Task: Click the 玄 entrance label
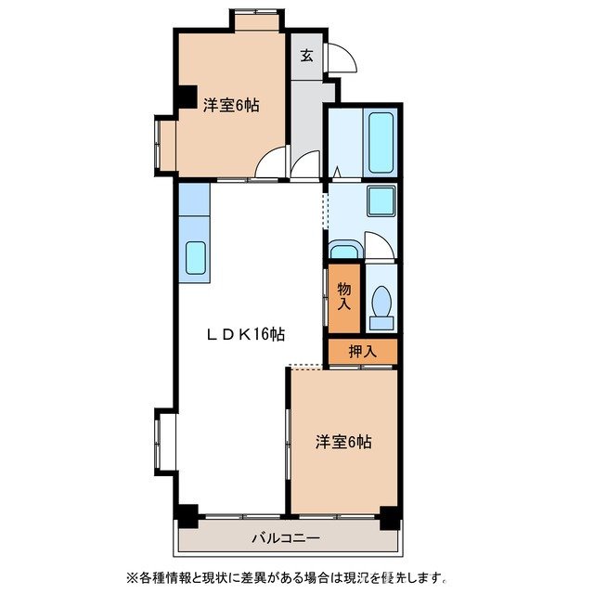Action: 307,55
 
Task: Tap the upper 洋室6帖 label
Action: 231,106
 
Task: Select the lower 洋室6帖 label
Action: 342,443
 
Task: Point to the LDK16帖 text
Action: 244,334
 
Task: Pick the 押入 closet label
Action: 362,352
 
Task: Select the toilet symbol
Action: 381,305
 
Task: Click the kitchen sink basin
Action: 195,257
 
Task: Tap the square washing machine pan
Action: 381,201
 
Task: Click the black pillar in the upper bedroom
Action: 187,97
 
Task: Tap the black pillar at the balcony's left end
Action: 187,511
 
